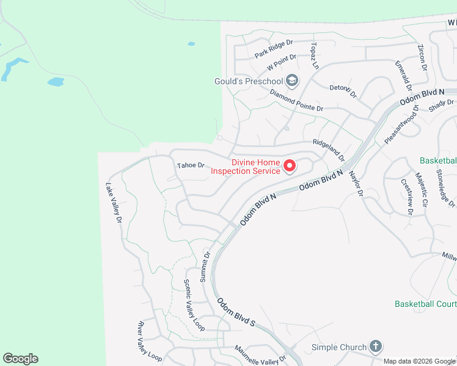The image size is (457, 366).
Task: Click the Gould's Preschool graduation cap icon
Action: [x=292, y=81]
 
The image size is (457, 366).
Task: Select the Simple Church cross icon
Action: [x=375, y=347]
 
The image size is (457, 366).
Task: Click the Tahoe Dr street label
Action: [x=190, y=165]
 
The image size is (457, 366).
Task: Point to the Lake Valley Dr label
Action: [x=114, y=203]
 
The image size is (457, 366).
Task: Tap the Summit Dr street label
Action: [x=206, y=265]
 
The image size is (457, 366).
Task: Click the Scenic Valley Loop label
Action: [x=194, y=306]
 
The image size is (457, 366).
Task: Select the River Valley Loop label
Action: [x=150, y=340]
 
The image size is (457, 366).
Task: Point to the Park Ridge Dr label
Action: [x=274, y=49]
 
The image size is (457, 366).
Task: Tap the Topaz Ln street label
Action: [x=315, y=55]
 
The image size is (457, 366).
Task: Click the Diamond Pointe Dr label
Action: [x=296, y=101]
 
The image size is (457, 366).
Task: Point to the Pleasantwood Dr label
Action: [x=401, y=125]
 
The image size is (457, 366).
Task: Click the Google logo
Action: [x=20, y=359]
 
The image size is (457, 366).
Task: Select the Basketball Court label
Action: [x=425, y=303]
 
